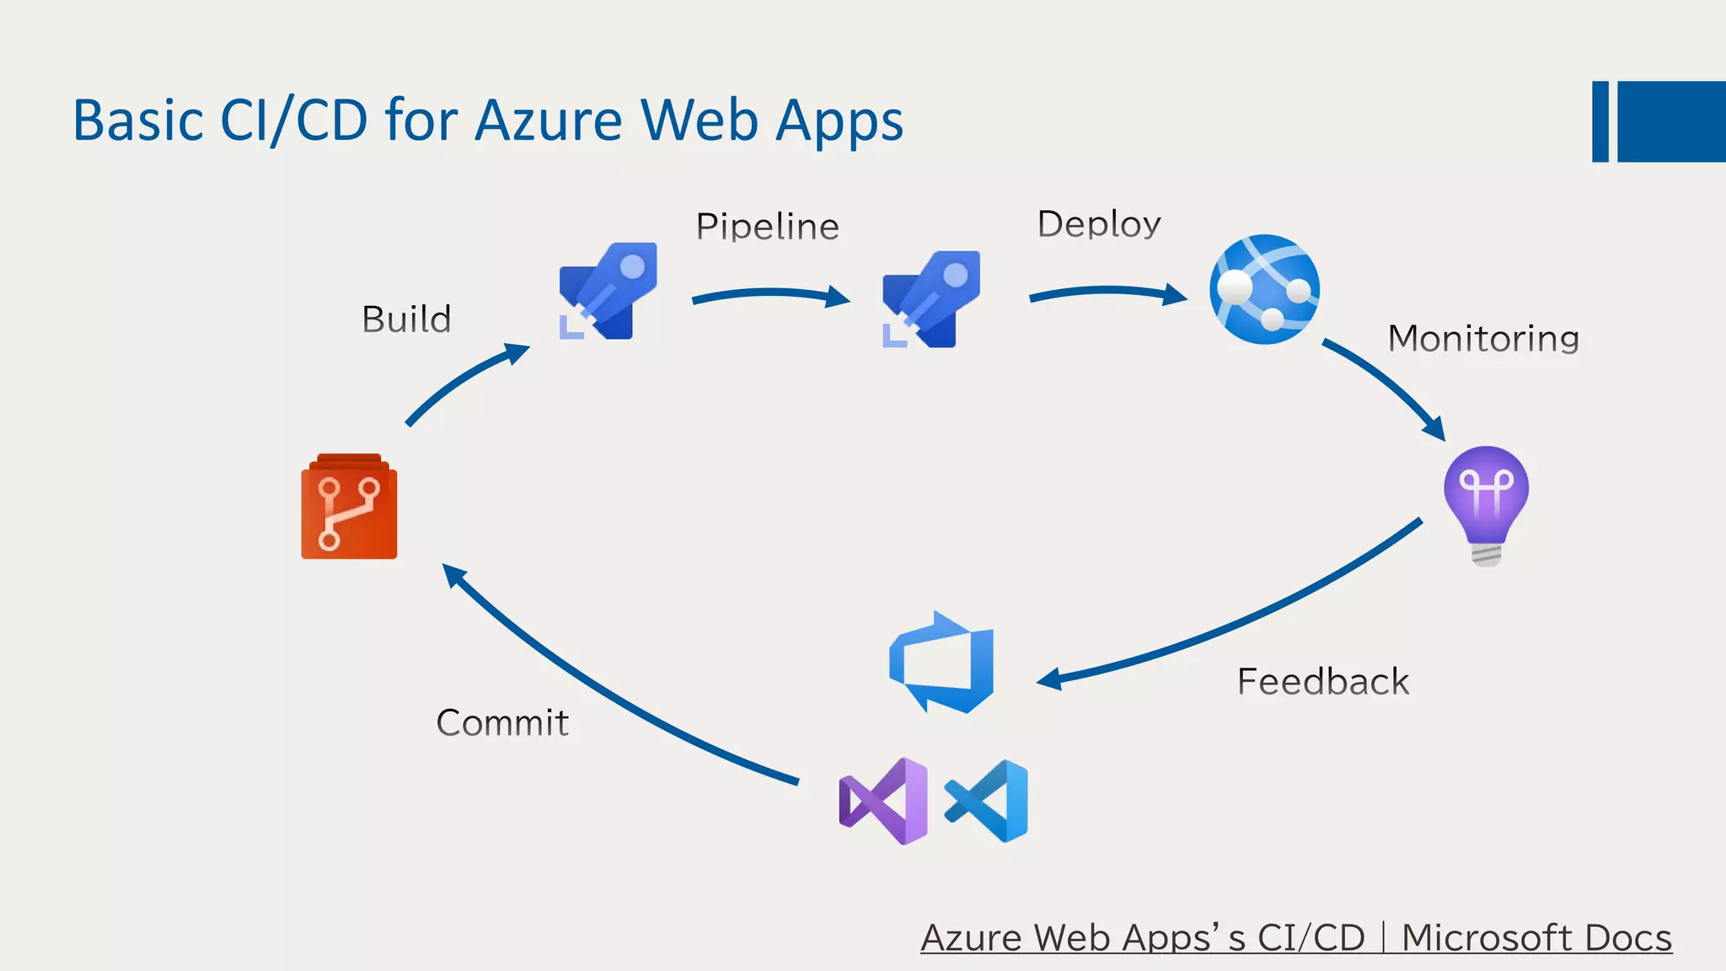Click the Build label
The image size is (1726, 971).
(406, 319)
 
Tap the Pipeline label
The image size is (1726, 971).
(767, 227)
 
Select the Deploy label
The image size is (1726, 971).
(1099, 224)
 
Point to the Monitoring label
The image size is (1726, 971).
(1482, 338)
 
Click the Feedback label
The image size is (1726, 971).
(1322, 681)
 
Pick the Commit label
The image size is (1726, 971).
(502, 722)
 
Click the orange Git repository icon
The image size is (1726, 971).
(349, 507)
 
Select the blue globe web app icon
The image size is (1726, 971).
(1264, 289)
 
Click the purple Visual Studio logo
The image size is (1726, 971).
(883, 801)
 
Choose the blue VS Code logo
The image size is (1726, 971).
(987, 801)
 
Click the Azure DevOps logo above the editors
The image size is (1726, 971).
(942, 663)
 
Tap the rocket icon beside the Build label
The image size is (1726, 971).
(608, 291)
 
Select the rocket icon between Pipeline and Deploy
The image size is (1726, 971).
(930, 298)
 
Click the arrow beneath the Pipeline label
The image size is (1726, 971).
(769, 295)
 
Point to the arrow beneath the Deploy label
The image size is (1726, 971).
(1107, 293)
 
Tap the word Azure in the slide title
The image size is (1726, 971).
(549, 121)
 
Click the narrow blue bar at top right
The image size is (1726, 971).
(1600, 121)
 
